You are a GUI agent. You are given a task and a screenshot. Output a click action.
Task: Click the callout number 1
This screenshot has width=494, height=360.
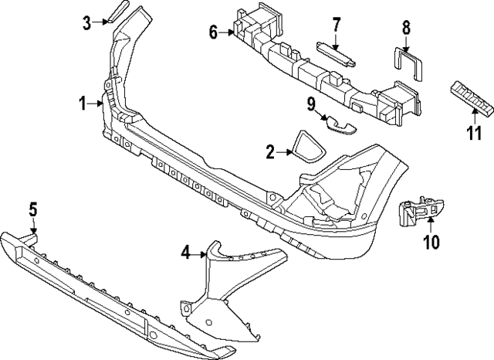[83, 102]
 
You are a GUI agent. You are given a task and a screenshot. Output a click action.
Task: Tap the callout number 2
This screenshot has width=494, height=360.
[270, 153]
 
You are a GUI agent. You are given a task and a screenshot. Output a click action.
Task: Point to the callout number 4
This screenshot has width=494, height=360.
[187, 252]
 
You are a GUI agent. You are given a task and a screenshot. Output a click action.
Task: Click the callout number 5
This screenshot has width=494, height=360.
[33, 209]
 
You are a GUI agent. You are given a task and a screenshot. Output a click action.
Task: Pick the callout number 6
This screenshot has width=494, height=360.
[213, 32]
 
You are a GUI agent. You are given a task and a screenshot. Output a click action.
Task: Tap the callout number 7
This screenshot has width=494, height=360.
[336, 25]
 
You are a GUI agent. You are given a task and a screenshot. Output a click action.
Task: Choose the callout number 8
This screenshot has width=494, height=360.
[406, 29]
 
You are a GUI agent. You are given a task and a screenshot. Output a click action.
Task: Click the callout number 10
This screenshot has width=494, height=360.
[431, 243]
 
